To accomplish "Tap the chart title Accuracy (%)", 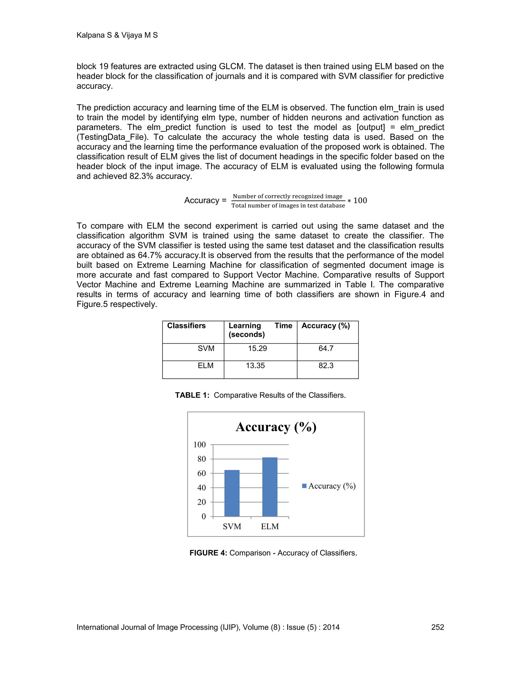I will tap(276, 427).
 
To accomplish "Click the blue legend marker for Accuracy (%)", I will tap(304, 486).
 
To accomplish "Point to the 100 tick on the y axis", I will tap(199, 445).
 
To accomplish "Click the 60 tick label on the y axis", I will tap(201, 473).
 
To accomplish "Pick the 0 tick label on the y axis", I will tap(204, 517).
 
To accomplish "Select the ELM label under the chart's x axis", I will tap(270, 526).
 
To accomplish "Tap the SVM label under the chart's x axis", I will tap(232, 526).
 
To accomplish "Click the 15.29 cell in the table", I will tap(257, 348).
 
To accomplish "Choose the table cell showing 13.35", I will tap(255, 366).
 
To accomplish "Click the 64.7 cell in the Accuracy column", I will tap(326, 348).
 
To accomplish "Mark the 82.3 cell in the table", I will tap(326, 366).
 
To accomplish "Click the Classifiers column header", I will tap(186, 326).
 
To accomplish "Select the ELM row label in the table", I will tap(206, 366).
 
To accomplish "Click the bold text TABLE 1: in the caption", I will tap(192, 395).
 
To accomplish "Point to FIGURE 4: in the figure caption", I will tap(208, 553).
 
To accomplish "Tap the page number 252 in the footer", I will tap(437, 627).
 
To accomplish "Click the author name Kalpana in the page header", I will tap(90, 35).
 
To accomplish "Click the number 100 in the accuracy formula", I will tap(360, 201).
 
